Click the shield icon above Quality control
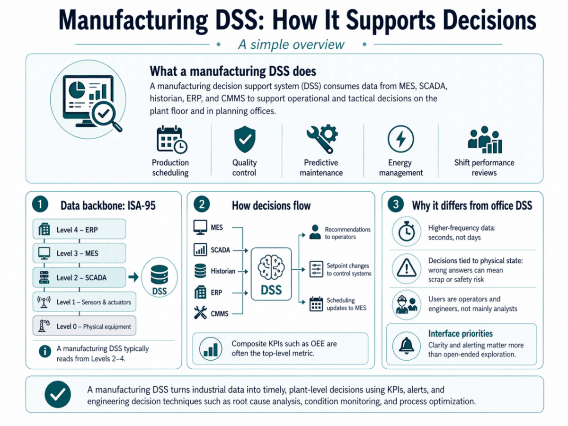245,139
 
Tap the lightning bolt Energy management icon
400,139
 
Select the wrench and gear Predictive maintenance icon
322,139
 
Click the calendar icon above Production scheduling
172,140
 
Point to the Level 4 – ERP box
79,229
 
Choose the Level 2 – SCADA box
79,277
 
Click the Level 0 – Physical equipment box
84,326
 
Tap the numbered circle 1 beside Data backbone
40,204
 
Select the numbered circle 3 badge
396,204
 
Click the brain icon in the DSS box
271,267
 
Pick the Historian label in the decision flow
223,271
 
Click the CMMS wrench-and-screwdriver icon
200,312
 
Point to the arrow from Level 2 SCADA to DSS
133,277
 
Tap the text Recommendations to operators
347,233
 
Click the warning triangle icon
407,268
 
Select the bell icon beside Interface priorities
407,346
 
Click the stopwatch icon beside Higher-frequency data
407,231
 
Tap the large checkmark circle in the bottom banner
58,394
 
